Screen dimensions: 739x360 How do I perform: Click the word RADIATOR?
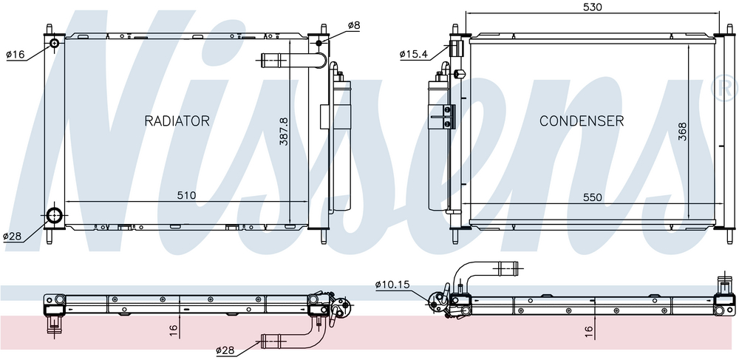tap(177, 121)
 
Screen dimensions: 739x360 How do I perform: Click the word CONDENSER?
tap(582, 121)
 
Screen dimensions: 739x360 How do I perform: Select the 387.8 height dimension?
tap(284, 132)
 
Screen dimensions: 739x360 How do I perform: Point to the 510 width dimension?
tap(186, 195)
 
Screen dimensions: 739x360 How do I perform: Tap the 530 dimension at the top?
tap(593, 7)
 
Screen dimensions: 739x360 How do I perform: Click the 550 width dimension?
tap(593, 197)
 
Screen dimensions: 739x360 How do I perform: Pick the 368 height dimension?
tap(682, 132)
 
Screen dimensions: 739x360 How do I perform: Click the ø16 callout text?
tap(15, 55)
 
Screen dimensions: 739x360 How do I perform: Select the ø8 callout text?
tap(353, 25)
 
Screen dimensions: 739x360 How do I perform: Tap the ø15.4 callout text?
tap(413, 54)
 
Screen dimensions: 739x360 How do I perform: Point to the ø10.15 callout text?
tap(392, 284)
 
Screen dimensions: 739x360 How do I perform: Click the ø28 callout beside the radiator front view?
tap(13, 237)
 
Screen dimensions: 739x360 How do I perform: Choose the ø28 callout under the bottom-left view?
tap(225, 350)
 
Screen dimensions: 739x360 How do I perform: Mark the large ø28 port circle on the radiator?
tap(54, 216)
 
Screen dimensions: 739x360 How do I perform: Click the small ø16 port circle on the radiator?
tap(54, 44)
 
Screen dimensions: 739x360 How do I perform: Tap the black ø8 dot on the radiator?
tap(319, 44)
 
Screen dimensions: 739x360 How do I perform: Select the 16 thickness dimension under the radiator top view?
tap(174, 328)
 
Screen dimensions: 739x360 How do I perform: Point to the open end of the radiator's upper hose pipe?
tap(262, 60)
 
